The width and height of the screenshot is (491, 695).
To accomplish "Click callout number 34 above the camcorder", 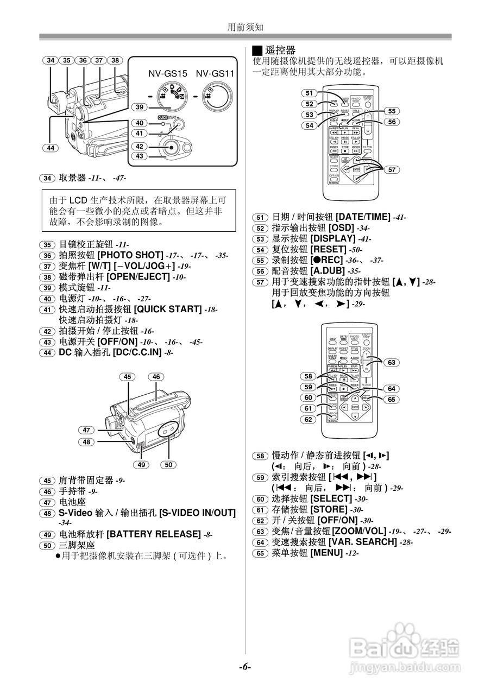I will pyautogui.click(x=51, y=61).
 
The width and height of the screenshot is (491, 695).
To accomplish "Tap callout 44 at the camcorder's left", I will pyautogui.click(x=51, y=148).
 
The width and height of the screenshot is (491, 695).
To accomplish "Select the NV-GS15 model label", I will pyautogui.click(x=168, y=73).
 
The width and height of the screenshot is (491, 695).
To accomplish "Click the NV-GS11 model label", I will pyautogui.click(x=215, y=73).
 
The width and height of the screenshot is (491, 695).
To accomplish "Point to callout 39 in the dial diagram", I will pyautogui.click(x=140, y=108).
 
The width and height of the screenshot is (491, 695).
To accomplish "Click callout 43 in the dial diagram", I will pyautogui.click(x=140, y=156).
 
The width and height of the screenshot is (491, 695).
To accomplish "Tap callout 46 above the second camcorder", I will pyautogui.click(x=156, y=377).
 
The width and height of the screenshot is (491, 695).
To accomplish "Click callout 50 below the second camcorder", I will pyautogui.click(x=168, y=464).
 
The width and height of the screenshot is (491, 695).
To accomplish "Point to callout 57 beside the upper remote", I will pyautogui.click(x=390, y=170).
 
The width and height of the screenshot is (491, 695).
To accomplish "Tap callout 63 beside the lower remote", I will pyautogui.click(x=391, y=362).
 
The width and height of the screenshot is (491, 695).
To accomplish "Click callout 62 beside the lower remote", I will pyautogui.click(x=310, y=419).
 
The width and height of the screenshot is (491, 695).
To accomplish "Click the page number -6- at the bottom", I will pyautogui.click(x=245, y=666).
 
